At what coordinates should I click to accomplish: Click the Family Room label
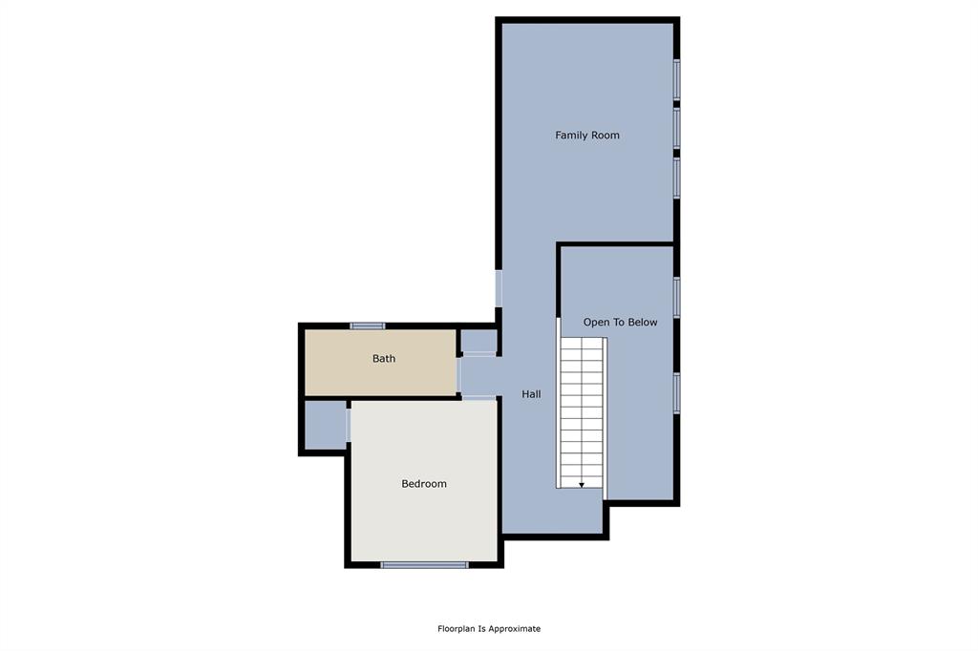[587, 136]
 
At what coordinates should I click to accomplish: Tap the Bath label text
[384, 359]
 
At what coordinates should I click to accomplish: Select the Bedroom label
[423, 484]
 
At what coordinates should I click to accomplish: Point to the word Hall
[531, 393]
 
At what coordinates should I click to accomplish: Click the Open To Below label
[620, 323]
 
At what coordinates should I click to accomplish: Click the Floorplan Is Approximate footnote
[489, 629]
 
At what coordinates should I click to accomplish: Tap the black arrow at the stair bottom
[582, 485]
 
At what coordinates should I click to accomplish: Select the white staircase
[583, 410]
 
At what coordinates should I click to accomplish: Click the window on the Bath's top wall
[368, 325]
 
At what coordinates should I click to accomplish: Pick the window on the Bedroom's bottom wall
[424, 565]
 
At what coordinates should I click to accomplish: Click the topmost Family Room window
[676, 79]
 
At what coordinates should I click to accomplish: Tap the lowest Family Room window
[676, 177]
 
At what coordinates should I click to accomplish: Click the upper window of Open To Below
[676, 296]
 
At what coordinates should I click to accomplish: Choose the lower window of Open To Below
[676, 392]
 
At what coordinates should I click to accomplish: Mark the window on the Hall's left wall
[499, 288]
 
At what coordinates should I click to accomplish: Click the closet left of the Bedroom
[325, 426]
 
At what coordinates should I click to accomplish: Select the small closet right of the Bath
[478, 341]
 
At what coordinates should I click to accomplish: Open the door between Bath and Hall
[458, 375]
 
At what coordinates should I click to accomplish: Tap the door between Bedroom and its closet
[349, 425]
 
